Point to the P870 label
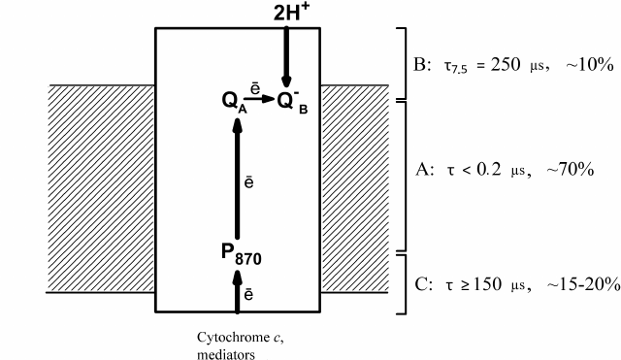pyautogui.click(x=239, y=255)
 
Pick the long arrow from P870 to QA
pyautogui.click(x=239, y=175)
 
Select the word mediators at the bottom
pyautogui.click(x=226, y=354)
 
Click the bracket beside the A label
pyautogui.click(x=404, y=175)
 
